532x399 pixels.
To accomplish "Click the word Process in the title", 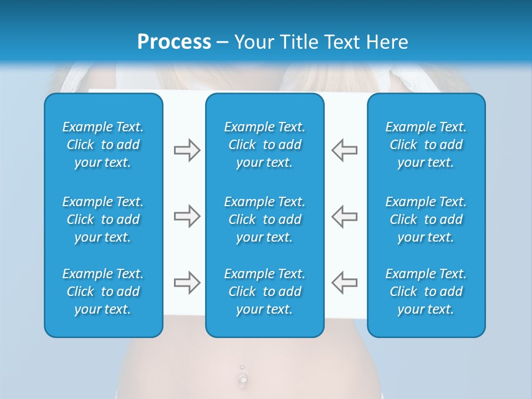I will [x=174, y=42].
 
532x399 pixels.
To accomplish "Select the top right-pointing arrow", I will [x=187, y=150].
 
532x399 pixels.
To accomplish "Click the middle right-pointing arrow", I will [x=187, y=216].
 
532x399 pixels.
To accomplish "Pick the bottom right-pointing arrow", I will [x=187, y=283].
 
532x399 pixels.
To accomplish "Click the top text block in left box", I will [x=103, y=145].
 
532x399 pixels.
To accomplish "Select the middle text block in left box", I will [x=103, y=219].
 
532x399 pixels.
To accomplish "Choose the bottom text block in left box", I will [x=103, y=291].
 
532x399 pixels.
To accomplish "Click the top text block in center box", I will [x=265, y=145].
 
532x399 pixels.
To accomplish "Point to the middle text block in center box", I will [x=265, y=219].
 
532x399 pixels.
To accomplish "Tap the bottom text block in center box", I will [x=265, y=291].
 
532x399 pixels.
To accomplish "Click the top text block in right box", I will [x=426, y=145].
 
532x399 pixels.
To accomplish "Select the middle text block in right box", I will [x=426, y=219].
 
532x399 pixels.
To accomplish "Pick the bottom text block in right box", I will [x=426, y=291].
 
